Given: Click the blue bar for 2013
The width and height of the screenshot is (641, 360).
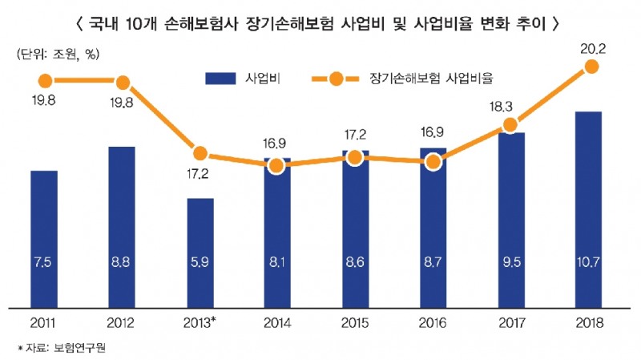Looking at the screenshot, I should coord(200,253).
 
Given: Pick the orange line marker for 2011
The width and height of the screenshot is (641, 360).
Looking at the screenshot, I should coord(44,80).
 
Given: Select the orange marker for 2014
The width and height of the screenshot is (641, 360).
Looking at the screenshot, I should coord(276,166).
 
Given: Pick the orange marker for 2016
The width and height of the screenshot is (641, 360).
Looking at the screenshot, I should coord(433,162).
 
